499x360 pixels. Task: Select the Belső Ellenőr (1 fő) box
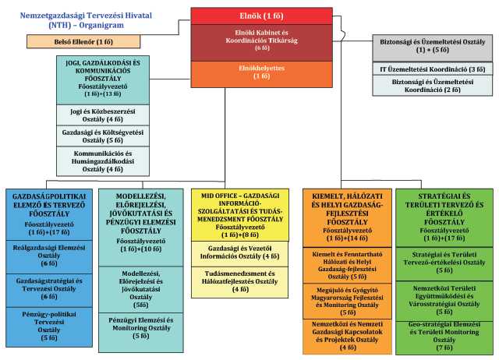(70, 41)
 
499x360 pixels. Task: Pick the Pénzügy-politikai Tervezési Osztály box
(49, 326)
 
